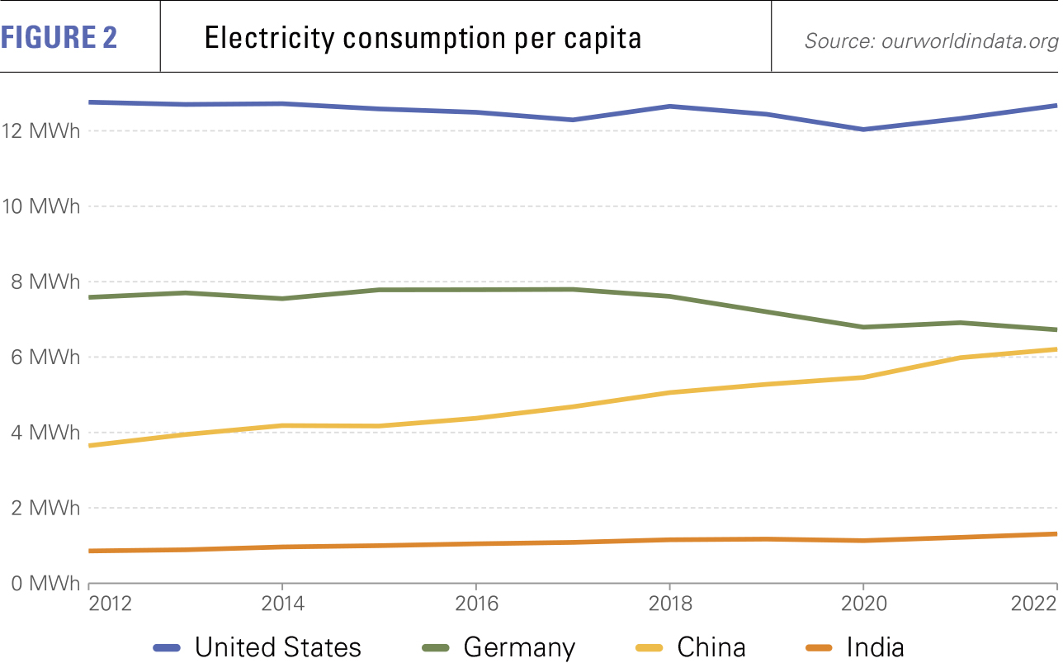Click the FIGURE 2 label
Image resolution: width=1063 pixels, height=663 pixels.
pos(59,38)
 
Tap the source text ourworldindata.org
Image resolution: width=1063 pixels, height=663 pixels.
pos(969,41)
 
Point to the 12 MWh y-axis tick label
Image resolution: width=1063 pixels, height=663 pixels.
pos(40,130)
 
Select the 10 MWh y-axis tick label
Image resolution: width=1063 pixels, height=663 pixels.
pos(40,206)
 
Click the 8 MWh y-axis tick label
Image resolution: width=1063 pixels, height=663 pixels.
pos(45,282)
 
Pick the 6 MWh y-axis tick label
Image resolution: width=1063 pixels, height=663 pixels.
pos(45,358)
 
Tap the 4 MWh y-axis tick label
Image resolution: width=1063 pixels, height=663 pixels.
pos(45,433)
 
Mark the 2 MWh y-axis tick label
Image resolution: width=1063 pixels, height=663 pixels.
pos(45,508)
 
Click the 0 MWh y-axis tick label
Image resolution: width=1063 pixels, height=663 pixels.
pos(45,584)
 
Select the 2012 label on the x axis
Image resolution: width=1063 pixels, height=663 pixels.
pos(110,603)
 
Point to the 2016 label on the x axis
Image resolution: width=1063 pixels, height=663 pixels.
pos(475,603)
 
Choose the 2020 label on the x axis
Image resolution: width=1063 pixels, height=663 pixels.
pos(862,603)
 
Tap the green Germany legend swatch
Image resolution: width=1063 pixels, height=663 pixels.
pos(434,646)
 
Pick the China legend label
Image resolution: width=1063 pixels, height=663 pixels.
pos(711,646)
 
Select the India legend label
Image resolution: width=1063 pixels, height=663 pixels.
pos(875,646)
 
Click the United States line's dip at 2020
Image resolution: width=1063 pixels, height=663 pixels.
pos(862,130)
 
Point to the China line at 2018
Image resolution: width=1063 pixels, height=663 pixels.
pos(669,392)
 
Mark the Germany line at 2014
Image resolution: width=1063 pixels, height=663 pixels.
pos(282,298)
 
